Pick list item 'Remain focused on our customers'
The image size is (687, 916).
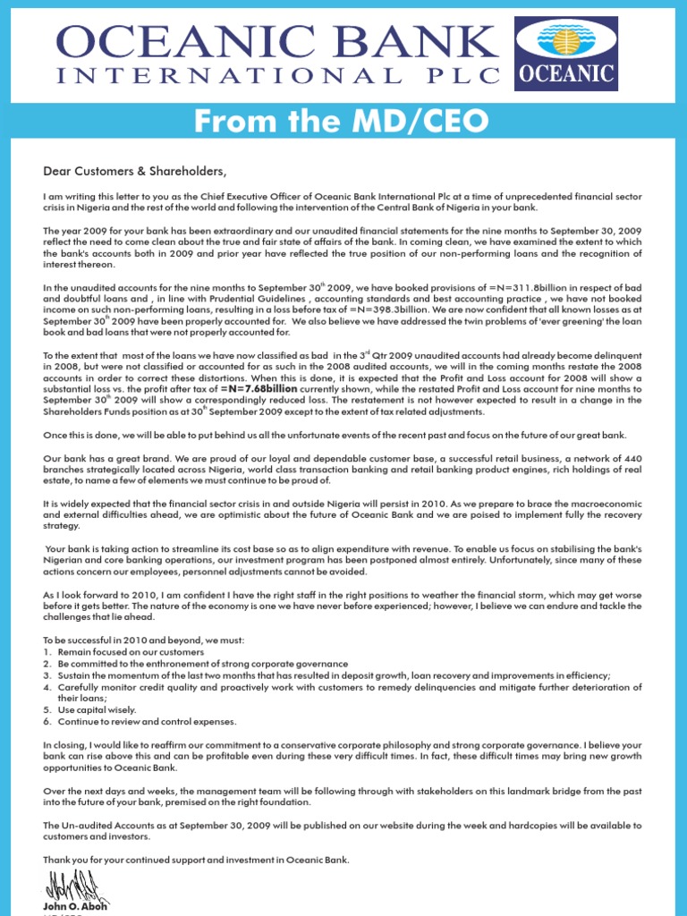click(x=131, y=653)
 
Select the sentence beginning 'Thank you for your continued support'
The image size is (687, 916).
click(x=196, y=860)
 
